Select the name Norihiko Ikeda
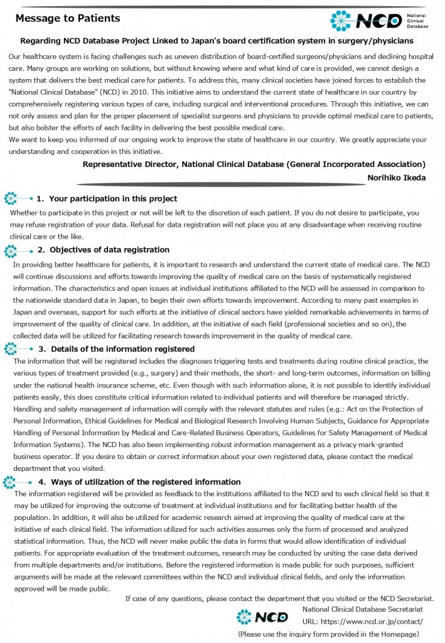tap(396, 178)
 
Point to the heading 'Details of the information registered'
tap(122, 349)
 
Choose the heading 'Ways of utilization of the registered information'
tap(146, 482)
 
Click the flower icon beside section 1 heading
tap(11, 198)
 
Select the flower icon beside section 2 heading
tap(11, 251)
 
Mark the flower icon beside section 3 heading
tap(11, 349)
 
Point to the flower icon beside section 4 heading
tap(9, 482)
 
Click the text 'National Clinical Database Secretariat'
tap(362, 609)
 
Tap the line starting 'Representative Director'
tap(254, 165)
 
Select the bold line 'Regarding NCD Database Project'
tap(217, 41)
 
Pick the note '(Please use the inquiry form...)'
tap(328, 634)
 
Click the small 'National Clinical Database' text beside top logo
tap(417, 20)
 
